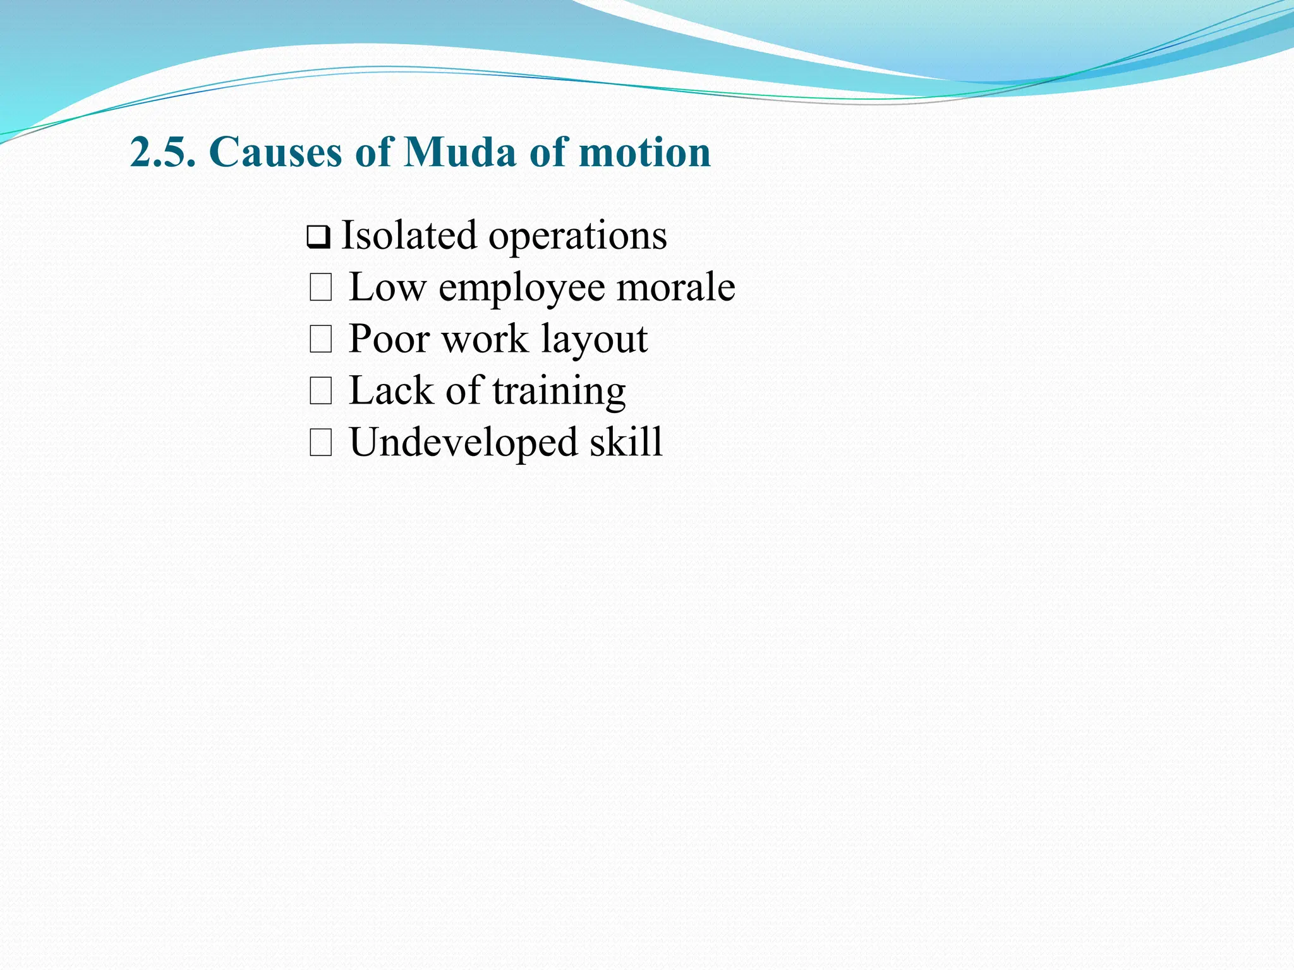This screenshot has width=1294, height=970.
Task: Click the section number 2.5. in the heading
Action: [x=163, y=152]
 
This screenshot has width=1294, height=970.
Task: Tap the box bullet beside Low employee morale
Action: [x=320, y=289]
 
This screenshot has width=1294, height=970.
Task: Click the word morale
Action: [x=675, y=287]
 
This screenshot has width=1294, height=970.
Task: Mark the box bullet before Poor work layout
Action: [x=320, y=340]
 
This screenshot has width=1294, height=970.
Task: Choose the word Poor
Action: [x=389, y=339]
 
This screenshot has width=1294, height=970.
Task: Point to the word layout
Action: [x=594, y=340]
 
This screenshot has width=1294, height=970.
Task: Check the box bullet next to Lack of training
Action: [x=320, y=392]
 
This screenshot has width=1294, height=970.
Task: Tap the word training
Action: [x=559, y=392]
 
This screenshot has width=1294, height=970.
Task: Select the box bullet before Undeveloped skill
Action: [x=320, y=443]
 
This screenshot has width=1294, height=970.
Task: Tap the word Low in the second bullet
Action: [x=387, y=287]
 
